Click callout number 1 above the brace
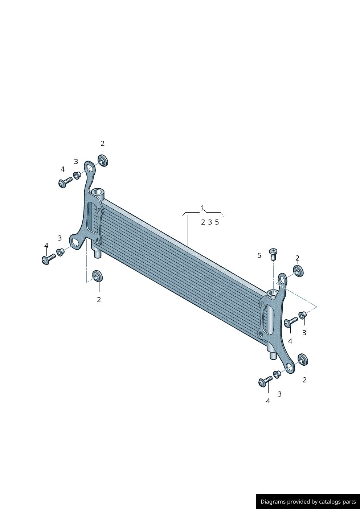[203, 208]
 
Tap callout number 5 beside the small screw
[259, 256]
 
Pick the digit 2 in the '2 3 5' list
[203, 222]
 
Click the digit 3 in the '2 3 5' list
[210, 222]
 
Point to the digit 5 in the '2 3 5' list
[217, 222]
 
